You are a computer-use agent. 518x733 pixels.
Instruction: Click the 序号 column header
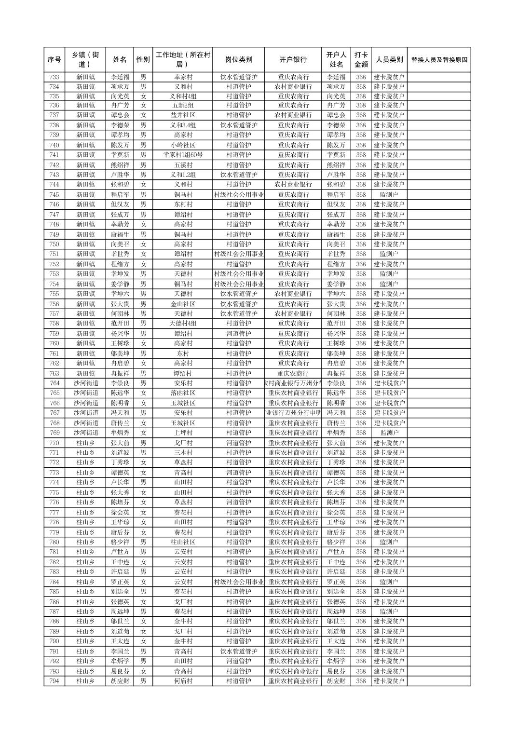point(55,60)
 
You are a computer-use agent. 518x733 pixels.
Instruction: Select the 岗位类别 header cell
point(238,60)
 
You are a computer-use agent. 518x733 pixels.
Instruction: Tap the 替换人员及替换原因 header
point(439,60)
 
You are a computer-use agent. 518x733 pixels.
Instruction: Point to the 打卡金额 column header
point(361,60)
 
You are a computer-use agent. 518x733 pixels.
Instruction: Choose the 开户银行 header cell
point(293,60)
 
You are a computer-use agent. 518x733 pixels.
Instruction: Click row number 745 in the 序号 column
point(55,195)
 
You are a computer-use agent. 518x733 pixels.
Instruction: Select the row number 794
point(55,681)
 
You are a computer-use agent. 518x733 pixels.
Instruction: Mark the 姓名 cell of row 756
point(120,304)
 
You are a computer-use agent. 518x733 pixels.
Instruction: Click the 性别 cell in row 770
point(143,443)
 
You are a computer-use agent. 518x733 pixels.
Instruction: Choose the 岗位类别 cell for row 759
point(238,334)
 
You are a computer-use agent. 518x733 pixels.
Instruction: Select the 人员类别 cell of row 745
point(389,195)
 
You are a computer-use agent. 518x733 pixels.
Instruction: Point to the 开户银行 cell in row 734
point(293,87)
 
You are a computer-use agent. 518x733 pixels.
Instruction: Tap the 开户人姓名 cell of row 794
point(336,681)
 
